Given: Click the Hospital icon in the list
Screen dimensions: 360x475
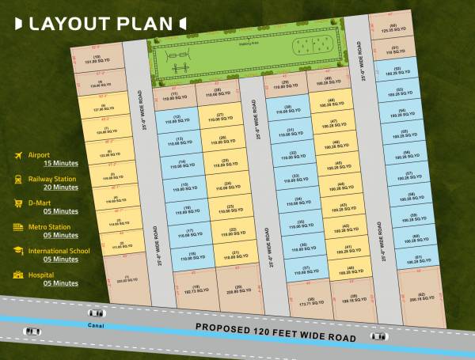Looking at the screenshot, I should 17,275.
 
